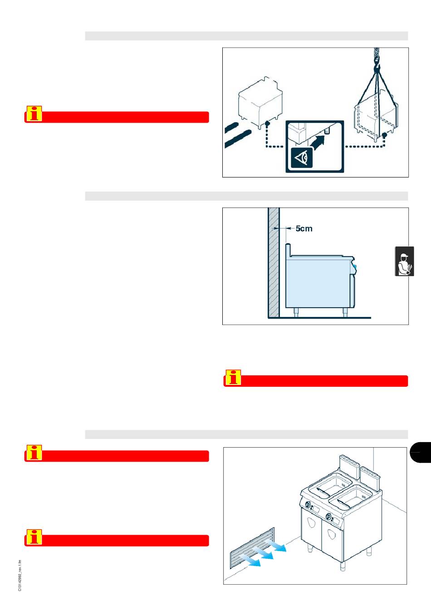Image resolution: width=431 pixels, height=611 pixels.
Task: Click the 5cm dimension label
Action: coord(304,228)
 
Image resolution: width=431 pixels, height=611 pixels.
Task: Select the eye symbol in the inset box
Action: coord(302,158)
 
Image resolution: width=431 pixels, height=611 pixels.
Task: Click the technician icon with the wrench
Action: coord(405,261)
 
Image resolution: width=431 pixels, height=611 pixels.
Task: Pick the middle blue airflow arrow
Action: coord(263,552)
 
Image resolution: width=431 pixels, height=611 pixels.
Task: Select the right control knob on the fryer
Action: coord(328,516)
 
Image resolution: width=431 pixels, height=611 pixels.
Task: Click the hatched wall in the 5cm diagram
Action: coord(274,263)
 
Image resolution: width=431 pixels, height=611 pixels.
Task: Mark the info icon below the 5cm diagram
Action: coord(233,377)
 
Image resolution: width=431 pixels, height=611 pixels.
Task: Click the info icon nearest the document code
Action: coord(34,537)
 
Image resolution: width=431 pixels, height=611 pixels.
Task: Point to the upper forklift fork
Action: coord(231,128)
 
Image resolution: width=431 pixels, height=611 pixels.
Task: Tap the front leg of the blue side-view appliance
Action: coord(345,313)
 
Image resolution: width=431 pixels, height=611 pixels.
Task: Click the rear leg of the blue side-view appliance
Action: coord(296,313)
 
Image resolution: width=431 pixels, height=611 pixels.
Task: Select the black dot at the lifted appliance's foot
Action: coord(385,135)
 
